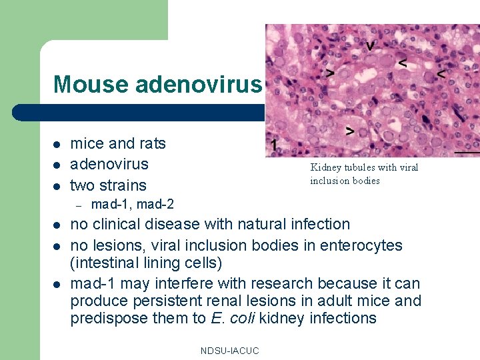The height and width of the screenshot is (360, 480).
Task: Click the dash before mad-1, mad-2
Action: click(x=77, y=205)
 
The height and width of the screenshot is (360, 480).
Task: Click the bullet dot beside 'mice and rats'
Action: click(x=57, y=144)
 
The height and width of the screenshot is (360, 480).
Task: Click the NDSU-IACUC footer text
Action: click(x=229, y=351)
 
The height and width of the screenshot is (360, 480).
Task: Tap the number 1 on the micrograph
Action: click(x=274, y=145)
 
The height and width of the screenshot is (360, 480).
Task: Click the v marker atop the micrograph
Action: click(x=369, y=47)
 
